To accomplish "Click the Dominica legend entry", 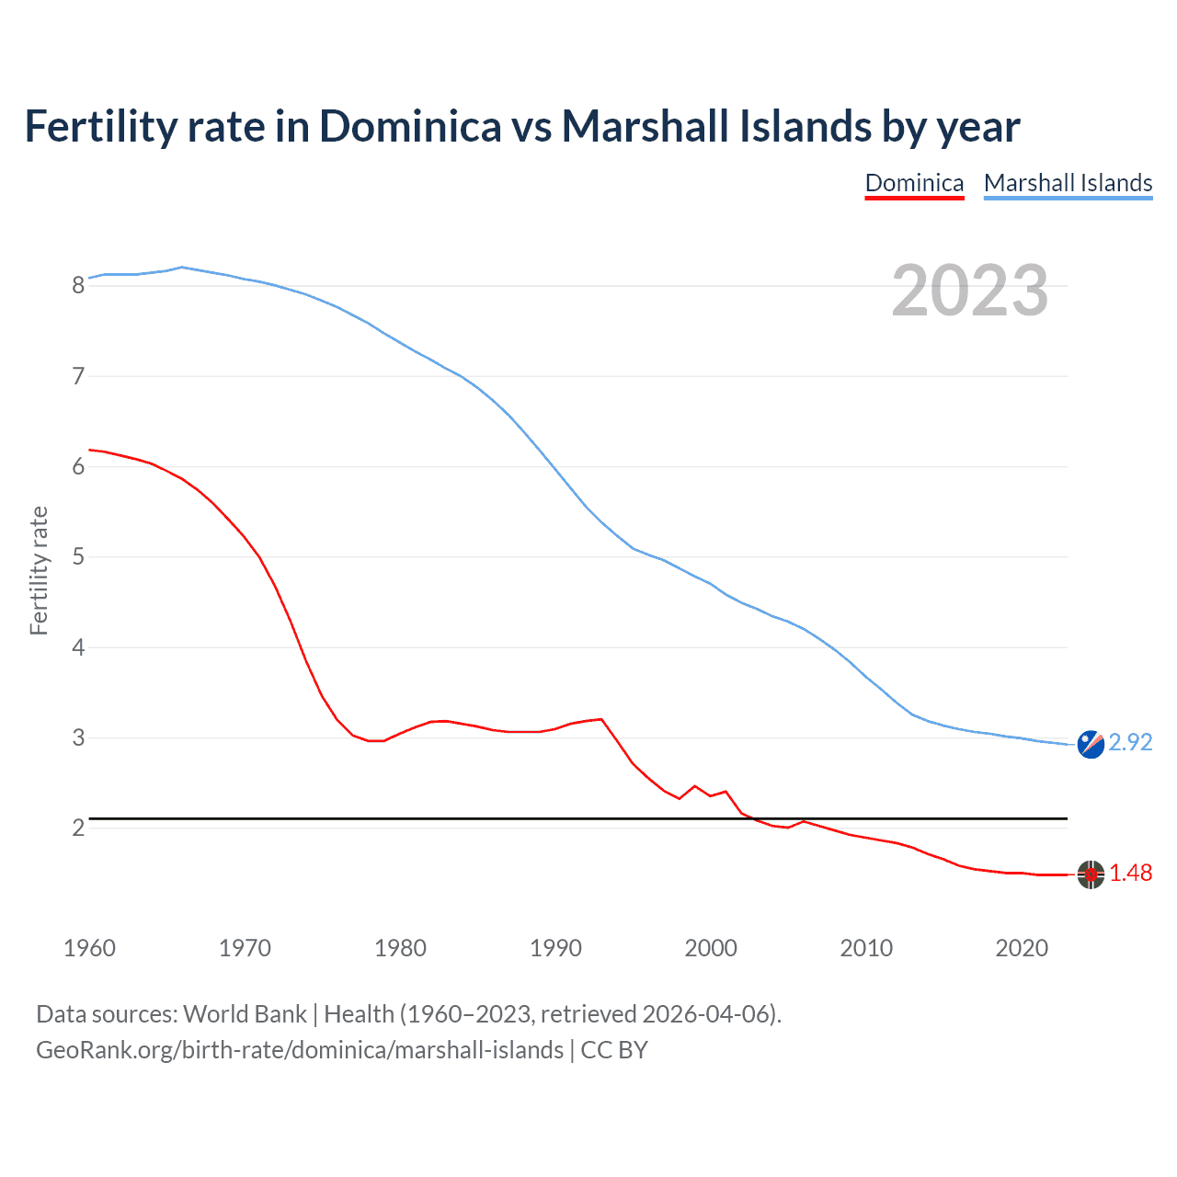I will [x=914, y=183].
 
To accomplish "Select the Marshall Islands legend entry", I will [x=1068, y=183].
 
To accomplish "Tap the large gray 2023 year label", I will [x=969, y=291].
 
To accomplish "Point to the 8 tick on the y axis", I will [x=78, y=285].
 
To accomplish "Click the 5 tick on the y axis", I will [x=78, y=556].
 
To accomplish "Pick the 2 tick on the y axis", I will [x=78, y=828].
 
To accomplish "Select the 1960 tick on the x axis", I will [x=89, y=948].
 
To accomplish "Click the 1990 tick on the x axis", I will [x=555, y=948].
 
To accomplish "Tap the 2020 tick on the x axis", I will [x=1022, y=948].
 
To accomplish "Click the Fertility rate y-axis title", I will [x=39, y=570].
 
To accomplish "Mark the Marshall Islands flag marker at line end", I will [x=1091, y=744].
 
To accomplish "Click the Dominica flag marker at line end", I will [x=1091, y=874].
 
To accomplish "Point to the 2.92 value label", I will [x=1130, y=742].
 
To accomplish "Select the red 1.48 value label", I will [x=1130, y=873].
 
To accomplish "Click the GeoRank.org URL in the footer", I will [x=300, y=1050].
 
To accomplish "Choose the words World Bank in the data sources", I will [x=245, y=1014].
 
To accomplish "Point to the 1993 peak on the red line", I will [x=601, y=719].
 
